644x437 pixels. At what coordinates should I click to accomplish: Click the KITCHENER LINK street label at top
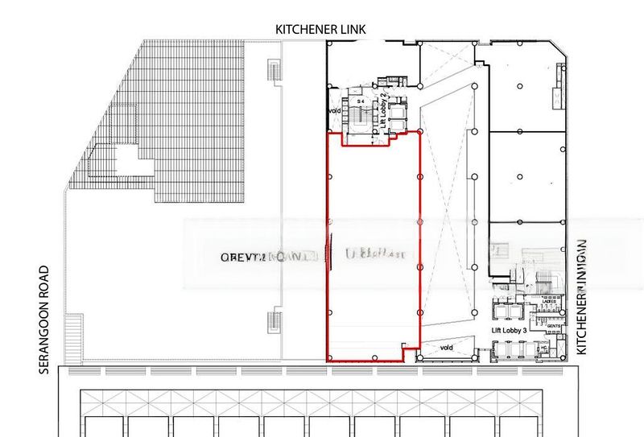pyautogui.click(x=320, y=29)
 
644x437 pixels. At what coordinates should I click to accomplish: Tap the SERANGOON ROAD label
pyautogui.click(x=43, y=320)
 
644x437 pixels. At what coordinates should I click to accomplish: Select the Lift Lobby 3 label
pyautogui.click(x=508, y=331)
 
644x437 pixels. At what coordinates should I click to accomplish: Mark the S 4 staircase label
pyautogui.click(x=361, y=100)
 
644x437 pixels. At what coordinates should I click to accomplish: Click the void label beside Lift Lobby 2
pyautogui.click(x=334, y=111)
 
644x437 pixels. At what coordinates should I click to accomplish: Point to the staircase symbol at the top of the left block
pyautogui.click(x=274, y=70)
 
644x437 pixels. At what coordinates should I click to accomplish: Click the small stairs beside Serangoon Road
pyautogui.click(x=74, y=338)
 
